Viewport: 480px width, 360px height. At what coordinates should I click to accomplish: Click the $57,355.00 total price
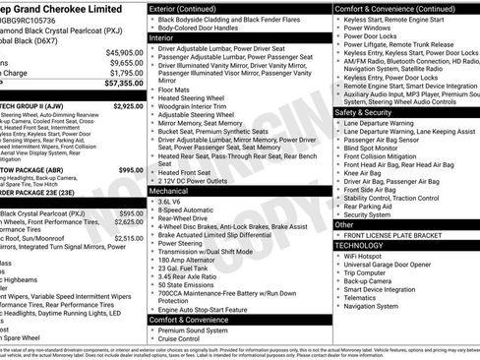[x=120, y=87]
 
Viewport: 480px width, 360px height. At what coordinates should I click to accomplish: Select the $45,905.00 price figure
[x=124, y=53]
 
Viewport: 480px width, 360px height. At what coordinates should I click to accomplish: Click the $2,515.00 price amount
[x=127, y=238]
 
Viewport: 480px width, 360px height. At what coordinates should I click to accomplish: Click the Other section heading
[x=345, y=224]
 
